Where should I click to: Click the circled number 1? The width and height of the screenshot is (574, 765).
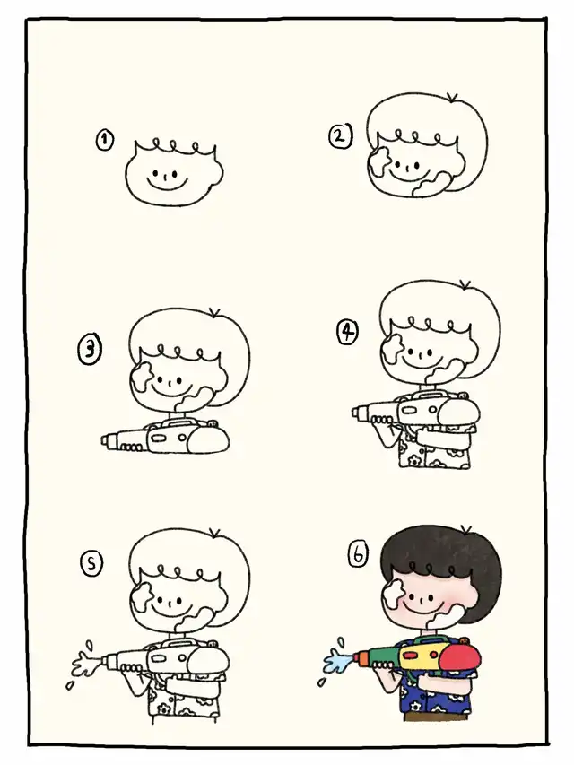104,140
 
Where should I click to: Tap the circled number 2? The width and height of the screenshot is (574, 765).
340,136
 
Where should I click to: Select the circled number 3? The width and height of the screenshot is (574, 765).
90,350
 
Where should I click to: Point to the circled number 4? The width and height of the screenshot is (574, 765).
347,332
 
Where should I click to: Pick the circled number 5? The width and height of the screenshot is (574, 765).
91,564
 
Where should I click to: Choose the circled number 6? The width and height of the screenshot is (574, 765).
358,555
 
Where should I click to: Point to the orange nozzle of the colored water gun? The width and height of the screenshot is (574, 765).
361,658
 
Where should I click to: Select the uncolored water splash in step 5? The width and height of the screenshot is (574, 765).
85,664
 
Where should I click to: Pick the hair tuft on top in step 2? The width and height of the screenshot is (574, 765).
452,98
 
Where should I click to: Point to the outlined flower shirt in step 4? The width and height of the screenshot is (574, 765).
434,448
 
